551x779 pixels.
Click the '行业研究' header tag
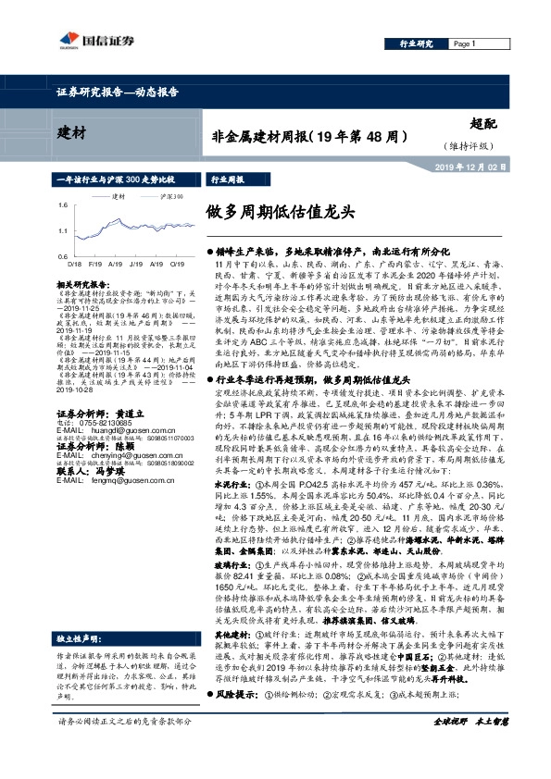pos(416,43)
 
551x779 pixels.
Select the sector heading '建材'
pos(61,130)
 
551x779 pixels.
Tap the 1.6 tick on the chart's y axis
pos(63,204)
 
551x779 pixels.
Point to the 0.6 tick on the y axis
pos(63,254)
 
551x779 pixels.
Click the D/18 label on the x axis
pos(75,263)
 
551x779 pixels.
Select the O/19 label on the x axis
pos(175,263)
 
